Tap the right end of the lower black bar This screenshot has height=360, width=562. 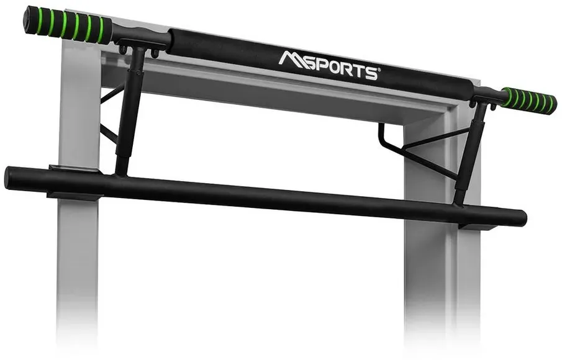(523, 218)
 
